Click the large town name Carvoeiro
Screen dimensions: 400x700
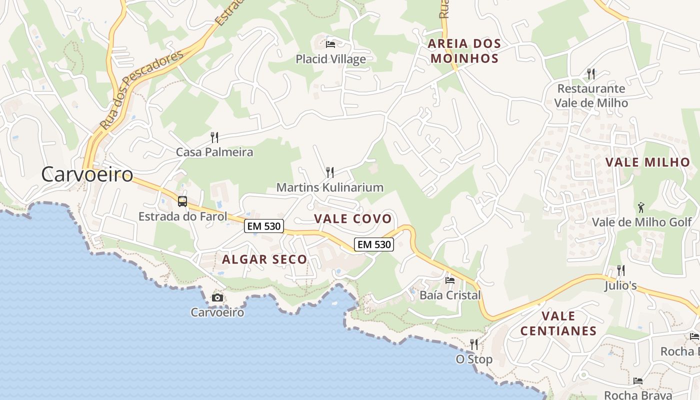[x=87, y=174]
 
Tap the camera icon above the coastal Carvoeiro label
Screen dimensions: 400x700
[x=217, y=298]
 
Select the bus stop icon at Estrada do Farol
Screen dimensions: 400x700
[x=182, y=201]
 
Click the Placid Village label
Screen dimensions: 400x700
[x=330, y=59]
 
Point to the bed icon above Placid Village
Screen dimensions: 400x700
[x=330, y=44]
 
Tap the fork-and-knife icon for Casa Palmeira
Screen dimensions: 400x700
[x=214, y=137]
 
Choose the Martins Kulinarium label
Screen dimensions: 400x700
[x=330, y=187]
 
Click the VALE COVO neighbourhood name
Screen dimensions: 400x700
[x=353, y=218]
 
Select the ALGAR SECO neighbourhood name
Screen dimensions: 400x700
[x=264, y=259]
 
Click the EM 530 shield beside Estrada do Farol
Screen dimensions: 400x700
[x=264, y=226]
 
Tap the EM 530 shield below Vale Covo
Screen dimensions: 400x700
[x=374, y=244]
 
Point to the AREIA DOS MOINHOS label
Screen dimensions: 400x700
[x=464, y=51]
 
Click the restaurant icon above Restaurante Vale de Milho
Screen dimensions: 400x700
[x=591, y=74]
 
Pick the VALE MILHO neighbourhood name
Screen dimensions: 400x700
[x=647, y=162]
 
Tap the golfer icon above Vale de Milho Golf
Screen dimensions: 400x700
[x=641, y=206]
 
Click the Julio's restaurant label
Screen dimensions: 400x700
[x=620, y=285]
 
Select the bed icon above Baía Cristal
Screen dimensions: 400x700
[x=450, y=280]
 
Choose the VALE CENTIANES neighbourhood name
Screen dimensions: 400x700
[x=558, y=323]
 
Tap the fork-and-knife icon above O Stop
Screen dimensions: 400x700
[x=473, y=344]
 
